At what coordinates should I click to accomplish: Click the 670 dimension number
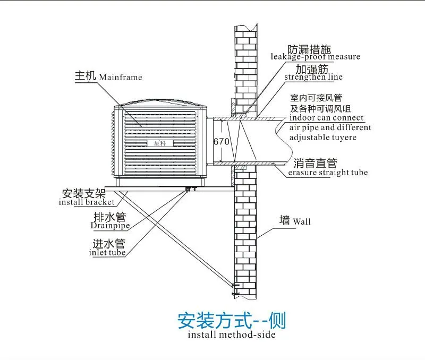pos(220,142)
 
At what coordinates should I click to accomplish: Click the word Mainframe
pos(121,78)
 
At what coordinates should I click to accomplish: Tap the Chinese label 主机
pos(85,76)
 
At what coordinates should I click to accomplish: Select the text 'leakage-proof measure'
pos(316,57)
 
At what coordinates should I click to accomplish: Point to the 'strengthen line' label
pos(313,78)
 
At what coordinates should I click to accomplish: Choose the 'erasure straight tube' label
pos(328,173)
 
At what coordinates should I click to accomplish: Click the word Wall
pos(302,221)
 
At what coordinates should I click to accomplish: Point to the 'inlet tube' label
pos(107,253)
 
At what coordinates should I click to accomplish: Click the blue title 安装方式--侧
pos(231,321)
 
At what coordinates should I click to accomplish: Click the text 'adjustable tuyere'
pos(322,138)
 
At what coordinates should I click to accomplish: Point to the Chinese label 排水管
pos(109,217)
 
